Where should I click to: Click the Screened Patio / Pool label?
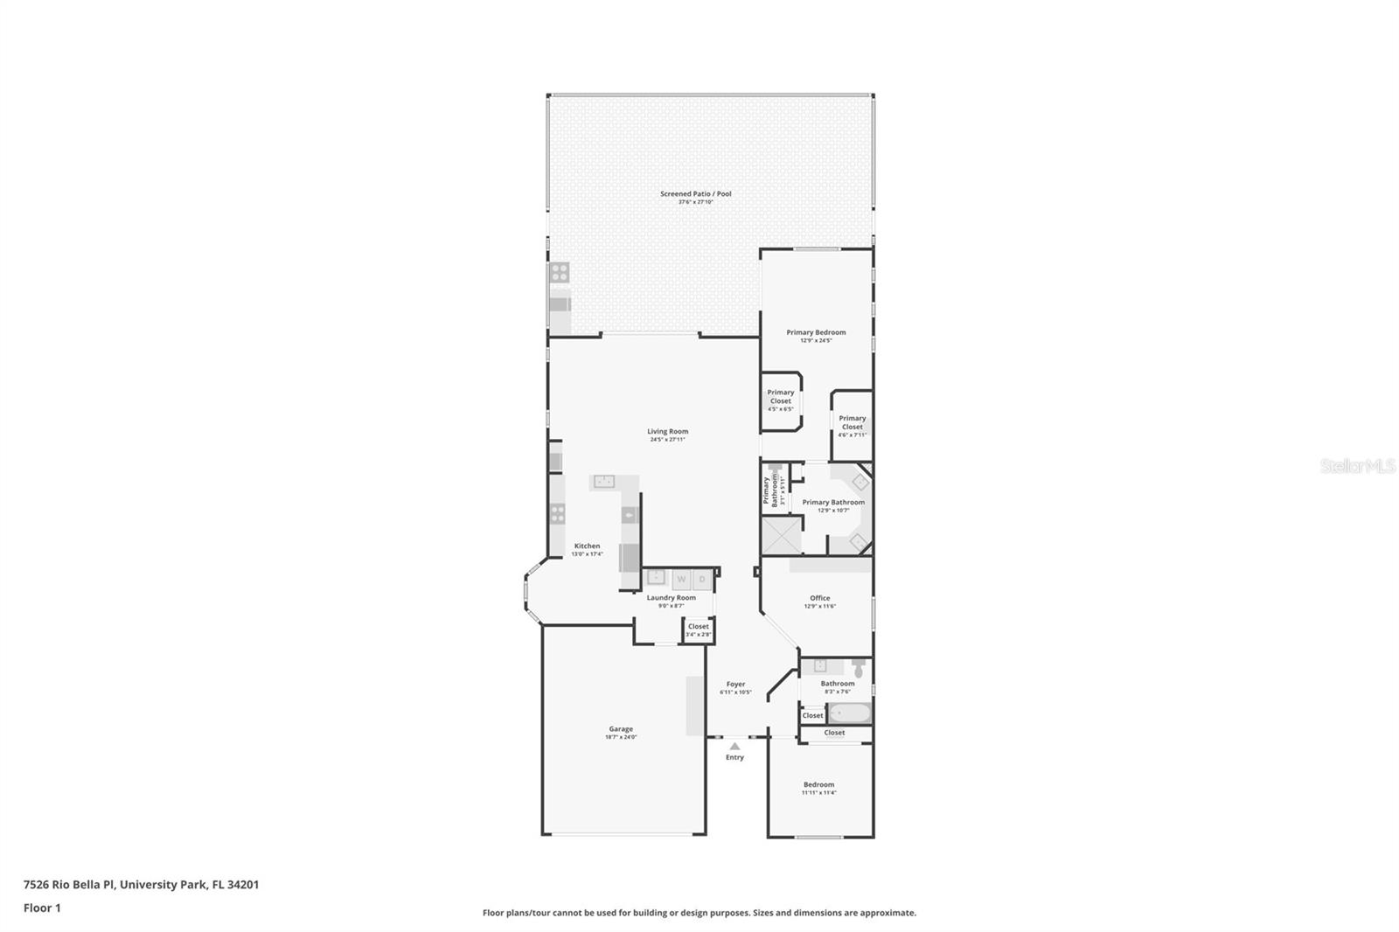pos(695,194)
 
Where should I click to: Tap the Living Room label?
pos(667,431)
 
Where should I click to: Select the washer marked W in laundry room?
pos(681,579)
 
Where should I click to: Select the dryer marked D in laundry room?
pos(701,579)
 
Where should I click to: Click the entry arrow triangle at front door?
pos(734,746)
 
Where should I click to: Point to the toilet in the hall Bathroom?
pos(859,669)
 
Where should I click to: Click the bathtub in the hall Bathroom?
pos(849,713)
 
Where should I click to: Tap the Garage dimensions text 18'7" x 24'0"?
pos(621,737)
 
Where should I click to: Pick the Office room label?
pos(819,598)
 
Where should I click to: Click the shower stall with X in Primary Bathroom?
pos(782,536)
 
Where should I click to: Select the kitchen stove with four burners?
pos(557,513)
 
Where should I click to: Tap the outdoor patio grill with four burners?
pos(559,273)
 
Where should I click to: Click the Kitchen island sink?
pos(602,481)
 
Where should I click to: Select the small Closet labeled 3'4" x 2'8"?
pos(698,629)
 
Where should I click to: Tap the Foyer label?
pos(735,685)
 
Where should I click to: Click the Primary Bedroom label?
pos(816,332)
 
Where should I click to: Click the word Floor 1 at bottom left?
pos(42,908)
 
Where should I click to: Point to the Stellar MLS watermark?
pos(1357,466)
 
